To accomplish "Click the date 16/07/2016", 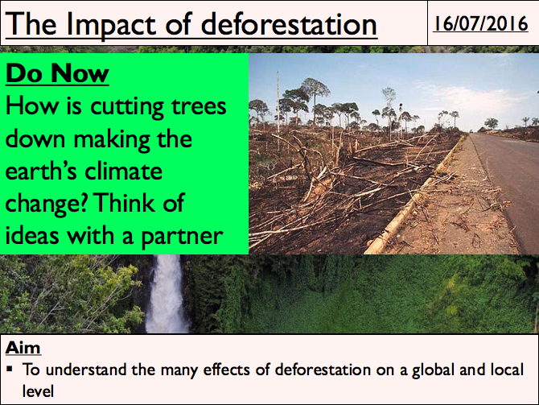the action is pos(480,23).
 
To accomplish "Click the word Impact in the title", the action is pos(111,26).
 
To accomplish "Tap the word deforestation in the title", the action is pos(289,24).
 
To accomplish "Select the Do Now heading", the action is pos(57,73).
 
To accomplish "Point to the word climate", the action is pos(123,171).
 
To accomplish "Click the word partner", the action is pos(182,237).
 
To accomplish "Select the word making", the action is pos(112,140).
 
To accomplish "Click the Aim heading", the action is pos(23,348).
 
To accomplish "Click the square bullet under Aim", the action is pos(10,370).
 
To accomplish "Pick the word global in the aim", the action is pos(433,370).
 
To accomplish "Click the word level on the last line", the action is pos(38,391).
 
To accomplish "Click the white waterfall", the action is pos(167,294).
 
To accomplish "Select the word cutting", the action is pos(127,107).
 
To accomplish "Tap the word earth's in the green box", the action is pos(41,171).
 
